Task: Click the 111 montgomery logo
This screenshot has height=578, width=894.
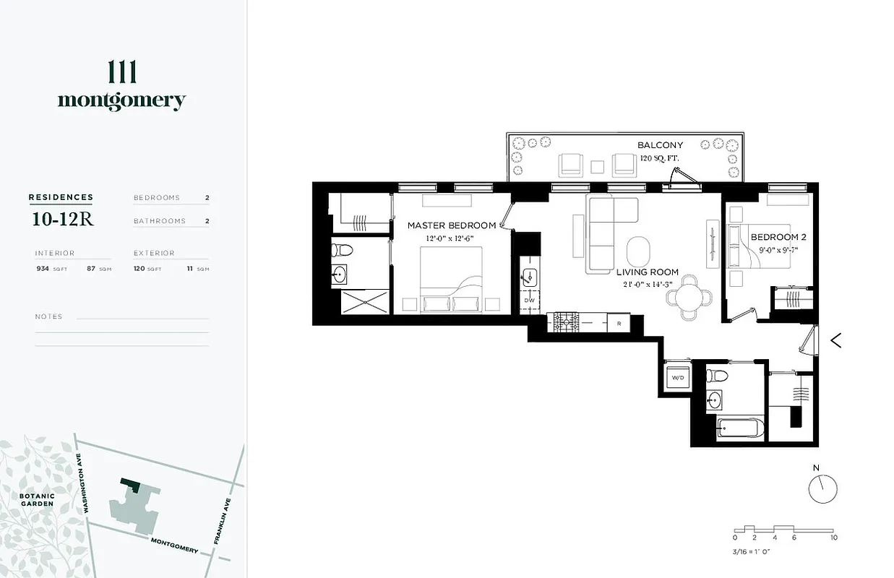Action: pos(121,86)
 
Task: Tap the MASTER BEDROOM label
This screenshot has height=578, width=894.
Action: pos(452,225)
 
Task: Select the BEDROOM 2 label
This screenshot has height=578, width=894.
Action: pos(778,237)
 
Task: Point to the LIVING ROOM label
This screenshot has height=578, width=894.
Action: pos(648,272)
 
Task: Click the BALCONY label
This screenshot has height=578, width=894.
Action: pos(660,145)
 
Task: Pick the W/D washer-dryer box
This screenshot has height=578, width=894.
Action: pos(678,378)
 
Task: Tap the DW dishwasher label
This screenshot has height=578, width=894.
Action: pos(528,299)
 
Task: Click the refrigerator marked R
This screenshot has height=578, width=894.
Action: pos(619,323)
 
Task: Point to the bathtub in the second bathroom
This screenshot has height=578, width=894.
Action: pos(739,428)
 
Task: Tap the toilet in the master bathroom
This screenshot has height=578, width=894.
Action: pos(342,251)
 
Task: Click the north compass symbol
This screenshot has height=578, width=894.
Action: pos(822,488)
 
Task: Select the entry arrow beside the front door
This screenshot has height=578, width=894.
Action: pos(836,340)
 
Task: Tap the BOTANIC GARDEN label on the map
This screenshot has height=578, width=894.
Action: pos(37,499)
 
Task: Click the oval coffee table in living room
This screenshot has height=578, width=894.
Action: pos(637,251)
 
